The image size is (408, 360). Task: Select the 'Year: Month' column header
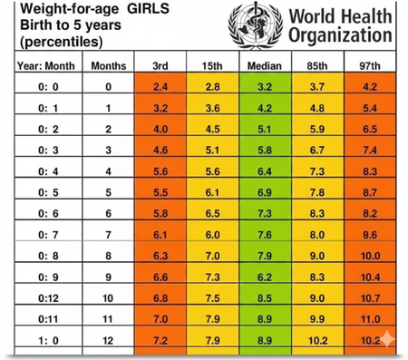(45, 66)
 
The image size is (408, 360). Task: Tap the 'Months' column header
(108, 66)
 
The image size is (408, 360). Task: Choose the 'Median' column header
(262, 66)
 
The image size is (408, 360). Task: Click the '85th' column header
(316, 66)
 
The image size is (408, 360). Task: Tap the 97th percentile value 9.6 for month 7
(370, 235)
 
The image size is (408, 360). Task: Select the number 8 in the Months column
(108, 256)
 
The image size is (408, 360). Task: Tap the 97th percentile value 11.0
(370, 318)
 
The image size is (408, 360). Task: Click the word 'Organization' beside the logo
(340, 35)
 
